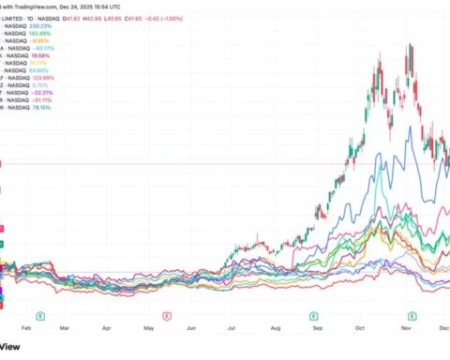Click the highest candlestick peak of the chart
click(x=410, y=44)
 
